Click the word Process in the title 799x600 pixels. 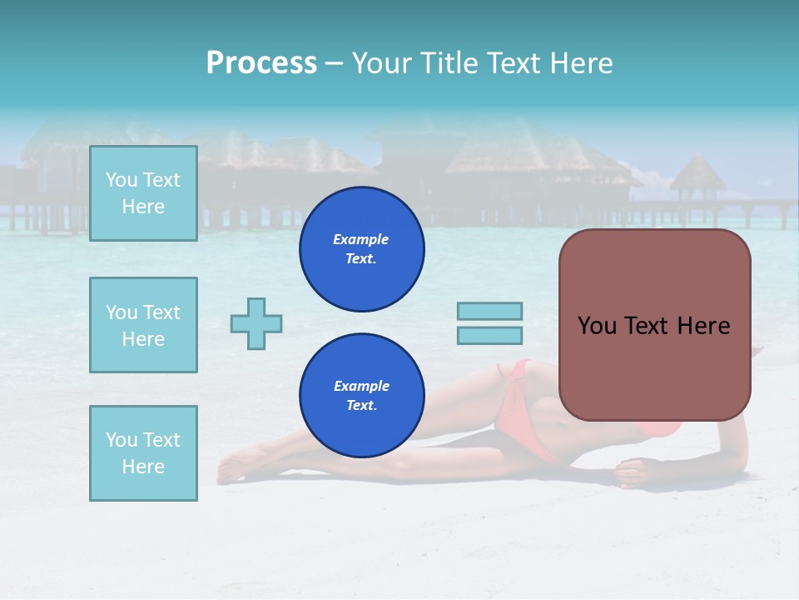click(x=261, y=63)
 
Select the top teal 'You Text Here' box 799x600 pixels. click(x=143, y=193)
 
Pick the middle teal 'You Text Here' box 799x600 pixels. click(x=143, y=325)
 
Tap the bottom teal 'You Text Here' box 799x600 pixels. click(x=143, y=453)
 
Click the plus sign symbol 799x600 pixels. click(x=256, y=323)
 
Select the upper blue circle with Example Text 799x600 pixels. click(x=361, y=249)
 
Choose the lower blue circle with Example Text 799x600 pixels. click(x=361, y=396)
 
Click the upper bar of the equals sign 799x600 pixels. click(x=489, y=311)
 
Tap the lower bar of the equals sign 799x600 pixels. click(x=489, y=335)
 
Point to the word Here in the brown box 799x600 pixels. click(x=703, y=326)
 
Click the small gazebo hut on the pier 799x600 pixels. click(x=697, y=179)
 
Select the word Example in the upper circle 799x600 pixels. click(x=361, y=239)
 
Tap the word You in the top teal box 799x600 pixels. click(x=121, y=180)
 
